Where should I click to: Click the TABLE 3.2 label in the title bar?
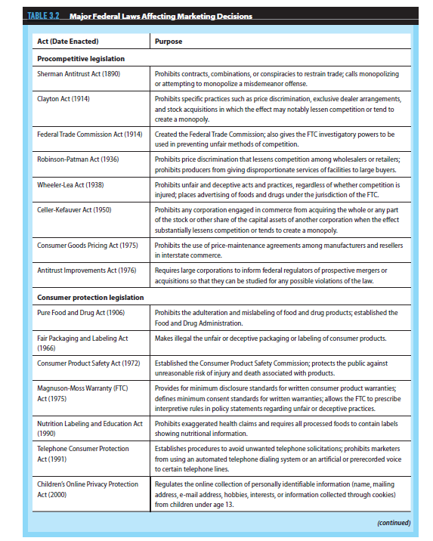[x=44, y=15]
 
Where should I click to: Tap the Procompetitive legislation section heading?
[x=81, y=58]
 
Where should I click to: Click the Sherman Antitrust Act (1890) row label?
[x=79, y=74]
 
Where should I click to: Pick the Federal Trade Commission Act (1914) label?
[x=89, y=134]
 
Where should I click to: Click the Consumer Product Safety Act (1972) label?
[x=88, y=363]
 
